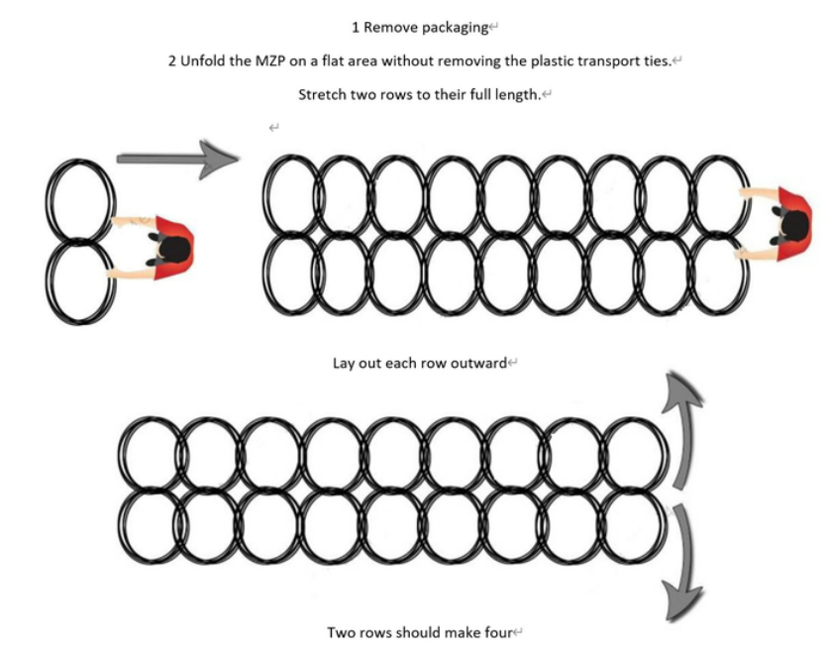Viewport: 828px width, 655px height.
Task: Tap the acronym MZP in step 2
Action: point(271,61)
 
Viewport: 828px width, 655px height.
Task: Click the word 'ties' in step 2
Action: point(658,61)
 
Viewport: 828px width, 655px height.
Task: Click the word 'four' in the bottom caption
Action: point(498,632)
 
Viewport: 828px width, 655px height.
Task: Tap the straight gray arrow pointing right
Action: point(178,159)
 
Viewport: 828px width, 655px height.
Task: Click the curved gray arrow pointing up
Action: point(682,428)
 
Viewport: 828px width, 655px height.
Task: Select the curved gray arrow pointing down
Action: point(683,563)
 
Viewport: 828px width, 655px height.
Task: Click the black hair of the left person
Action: point(174,250)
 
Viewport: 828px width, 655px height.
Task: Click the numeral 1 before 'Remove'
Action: point(356,28)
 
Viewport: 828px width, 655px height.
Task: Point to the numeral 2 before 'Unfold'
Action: point(172,61)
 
